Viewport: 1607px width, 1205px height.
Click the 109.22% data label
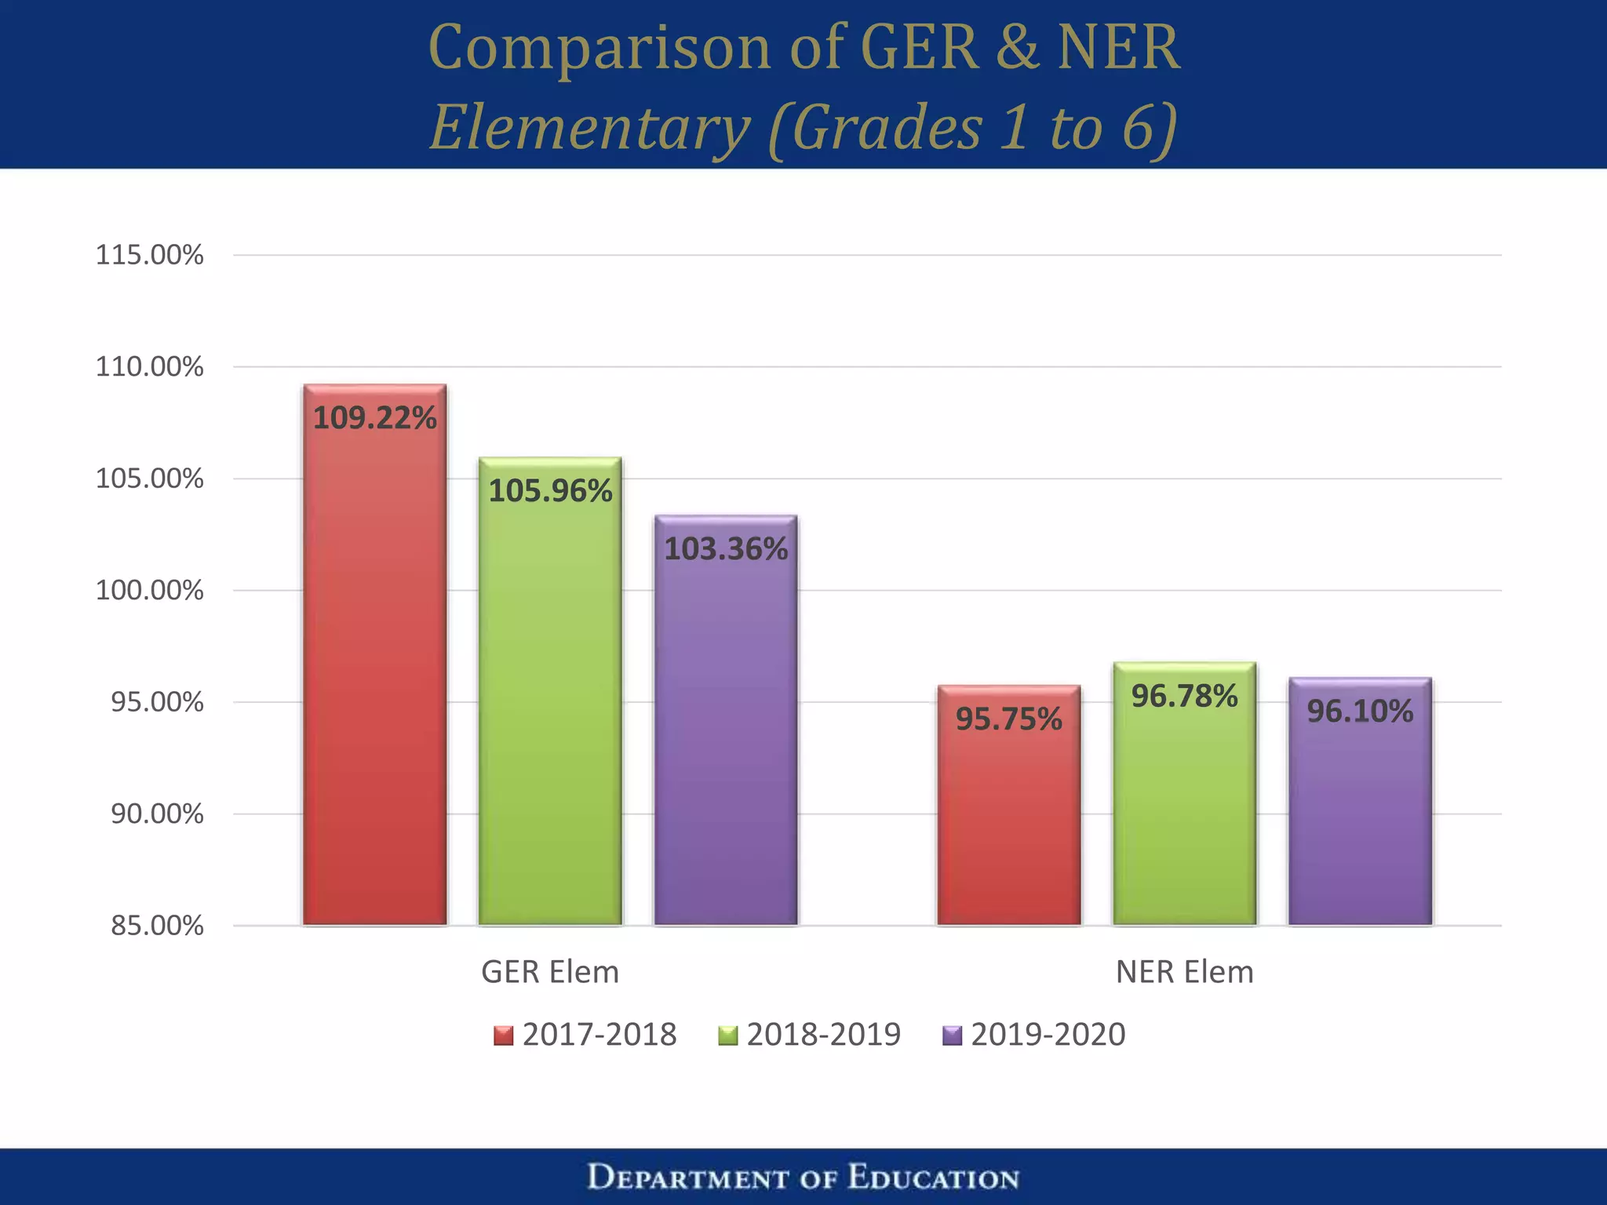[374, 417]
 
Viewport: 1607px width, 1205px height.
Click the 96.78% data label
[1184, 696]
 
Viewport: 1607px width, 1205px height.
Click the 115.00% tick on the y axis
[149, 255]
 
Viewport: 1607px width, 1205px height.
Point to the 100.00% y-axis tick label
[149, 590]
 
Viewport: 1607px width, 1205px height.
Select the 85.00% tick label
[157, 926]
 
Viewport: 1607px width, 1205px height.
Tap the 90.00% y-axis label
[157, 814]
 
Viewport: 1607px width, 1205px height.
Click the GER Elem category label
[550, 972]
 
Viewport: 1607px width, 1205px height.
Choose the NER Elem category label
[1184, 972]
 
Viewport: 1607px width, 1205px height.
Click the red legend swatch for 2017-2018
[503, 1036]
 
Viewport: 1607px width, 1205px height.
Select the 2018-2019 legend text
[823, 1034]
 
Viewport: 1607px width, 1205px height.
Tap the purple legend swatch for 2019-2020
[952, 1036]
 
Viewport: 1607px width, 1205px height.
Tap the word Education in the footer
[933, 1178]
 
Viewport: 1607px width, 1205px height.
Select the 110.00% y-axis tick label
[149, 366]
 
